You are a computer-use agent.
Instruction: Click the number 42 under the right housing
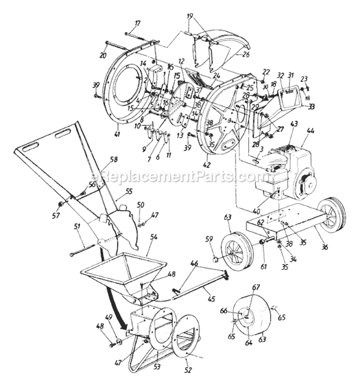pos(207,165)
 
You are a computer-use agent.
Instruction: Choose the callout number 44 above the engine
pos(311,130)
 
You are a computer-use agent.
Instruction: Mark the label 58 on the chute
pos(114,159)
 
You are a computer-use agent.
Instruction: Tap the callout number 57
pos(57,216)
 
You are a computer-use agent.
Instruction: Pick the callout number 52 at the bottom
pos(188,370)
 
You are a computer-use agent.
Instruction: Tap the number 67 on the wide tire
pos(256,287)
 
